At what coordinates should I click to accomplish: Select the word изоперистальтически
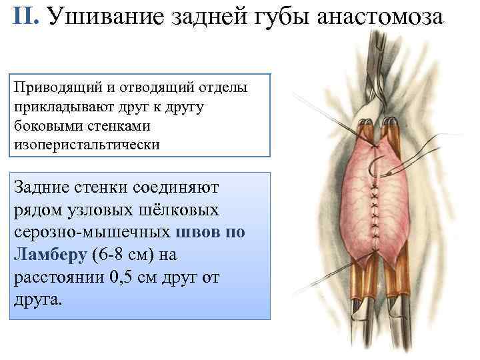click(x=87, y=143)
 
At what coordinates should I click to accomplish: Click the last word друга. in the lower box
click(x=37, y=298)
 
